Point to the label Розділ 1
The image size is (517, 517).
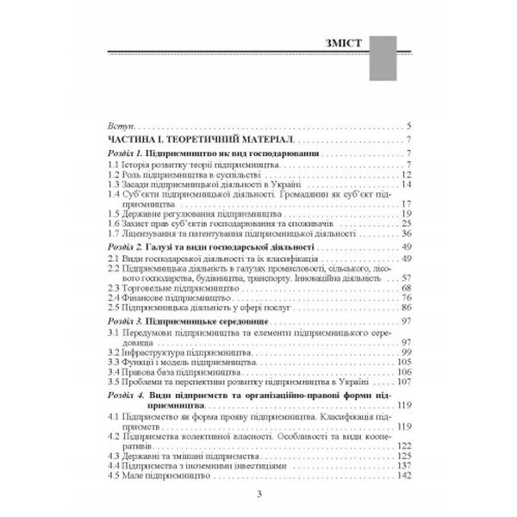point(118,153)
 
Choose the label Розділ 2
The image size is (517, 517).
point(118,246)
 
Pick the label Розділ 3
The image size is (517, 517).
point(118,319)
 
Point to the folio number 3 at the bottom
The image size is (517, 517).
point(258,493)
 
